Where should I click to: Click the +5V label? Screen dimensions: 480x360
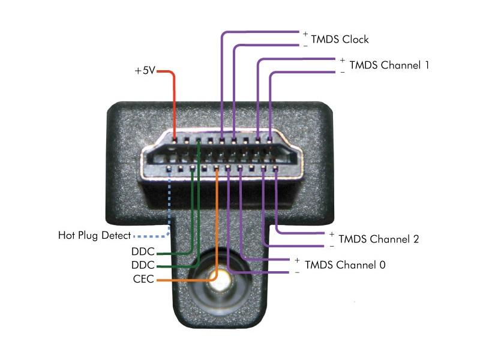[145, 71]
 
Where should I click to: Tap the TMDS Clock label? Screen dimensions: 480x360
[340, 40]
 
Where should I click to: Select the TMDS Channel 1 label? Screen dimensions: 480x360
[389, 65]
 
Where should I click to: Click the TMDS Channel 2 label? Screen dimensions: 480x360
[379, 239]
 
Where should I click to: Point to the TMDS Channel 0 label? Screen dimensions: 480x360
[345, 265]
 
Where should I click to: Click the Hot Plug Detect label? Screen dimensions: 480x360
[94, 235]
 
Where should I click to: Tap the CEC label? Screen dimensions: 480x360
[143, 279]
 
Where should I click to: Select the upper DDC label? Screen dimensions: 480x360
[143, 251]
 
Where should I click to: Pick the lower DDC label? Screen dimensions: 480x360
[143, 265]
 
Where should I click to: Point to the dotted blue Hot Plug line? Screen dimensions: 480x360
[169, 211]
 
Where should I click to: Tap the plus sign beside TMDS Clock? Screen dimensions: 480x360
[305, 34]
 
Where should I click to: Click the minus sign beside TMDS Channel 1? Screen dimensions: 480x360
[342, 73]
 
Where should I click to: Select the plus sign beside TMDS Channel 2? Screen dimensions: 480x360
[332, 235]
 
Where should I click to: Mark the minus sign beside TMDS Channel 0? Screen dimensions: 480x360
[297, 272]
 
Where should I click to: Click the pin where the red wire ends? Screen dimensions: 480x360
[175, 141]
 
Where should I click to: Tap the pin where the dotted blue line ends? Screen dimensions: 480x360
[169, 168]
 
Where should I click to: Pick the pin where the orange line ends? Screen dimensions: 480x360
[217, 168]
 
